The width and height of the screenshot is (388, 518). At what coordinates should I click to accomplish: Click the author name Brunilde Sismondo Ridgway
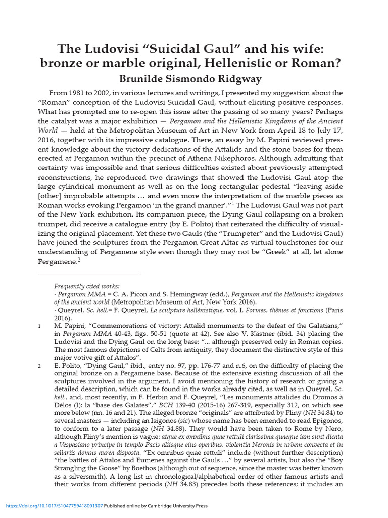click(x=194, y=79)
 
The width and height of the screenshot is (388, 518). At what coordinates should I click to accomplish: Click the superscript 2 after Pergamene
click(x=80, y=260)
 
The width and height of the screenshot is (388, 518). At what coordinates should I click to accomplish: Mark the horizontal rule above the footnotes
click(x=89, y=275)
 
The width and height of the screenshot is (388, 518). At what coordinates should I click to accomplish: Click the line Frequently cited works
click(x=87, y=286)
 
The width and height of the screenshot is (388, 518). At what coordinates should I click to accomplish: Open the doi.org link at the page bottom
click(x=54, y=506)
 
